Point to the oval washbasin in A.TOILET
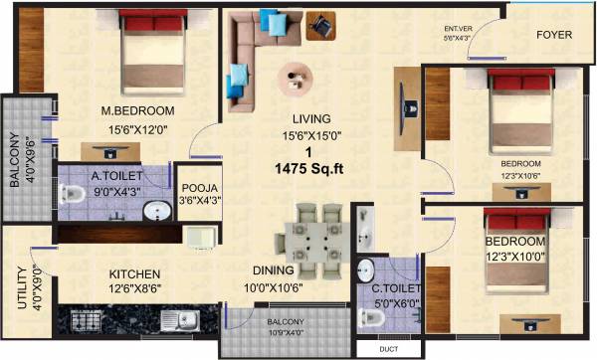(154, 210)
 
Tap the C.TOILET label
(393, 289)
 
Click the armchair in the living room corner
(321, 24)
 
